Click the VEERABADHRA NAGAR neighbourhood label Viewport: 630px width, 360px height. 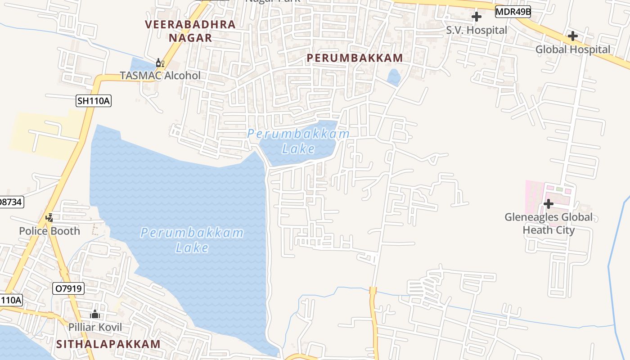pyautogui.click(x=190, y=31)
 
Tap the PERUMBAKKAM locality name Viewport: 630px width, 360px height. pyautogui.click(x=355, y=58)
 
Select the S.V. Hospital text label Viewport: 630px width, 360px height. pyautogui.click(x=477, y=30)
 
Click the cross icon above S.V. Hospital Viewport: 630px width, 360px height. pyautogui.click(x=477, y=17)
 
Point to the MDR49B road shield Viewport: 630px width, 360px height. pyautogui.click(x=513, y=12)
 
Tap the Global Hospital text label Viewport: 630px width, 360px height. pyautogui.click(x=573, y=49)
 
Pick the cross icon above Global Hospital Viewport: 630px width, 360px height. pyautogui.click(x=572, y=36)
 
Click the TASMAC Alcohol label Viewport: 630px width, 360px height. pyautogui.click(x=160, y=75)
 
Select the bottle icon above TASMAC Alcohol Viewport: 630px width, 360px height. pyautogui.click(x=158, y=63)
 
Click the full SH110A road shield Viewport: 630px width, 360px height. pyautogui.click(x=93, y=101)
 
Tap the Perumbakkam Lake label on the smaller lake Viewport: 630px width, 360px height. pyautogui.click(x=298, y=141)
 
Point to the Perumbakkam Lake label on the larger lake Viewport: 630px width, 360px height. pyautogui.click(x=192, y=240)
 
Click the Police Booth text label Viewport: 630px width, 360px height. pyautogui.click(x=49, y=231)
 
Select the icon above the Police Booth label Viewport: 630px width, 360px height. pyautogui.click(x=49, y=218)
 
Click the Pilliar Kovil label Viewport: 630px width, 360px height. pyautogui.click(x=95, y=327)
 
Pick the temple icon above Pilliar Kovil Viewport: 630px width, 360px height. pyautogui.click(x=95, y=314)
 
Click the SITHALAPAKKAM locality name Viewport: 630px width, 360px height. pyautogui.click(x=108, y=344)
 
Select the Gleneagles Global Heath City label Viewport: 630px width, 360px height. pyautogui.click(x=549, y=224)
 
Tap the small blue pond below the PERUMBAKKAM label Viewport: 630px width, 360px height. pyautogui.click(x=394, y=77)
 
